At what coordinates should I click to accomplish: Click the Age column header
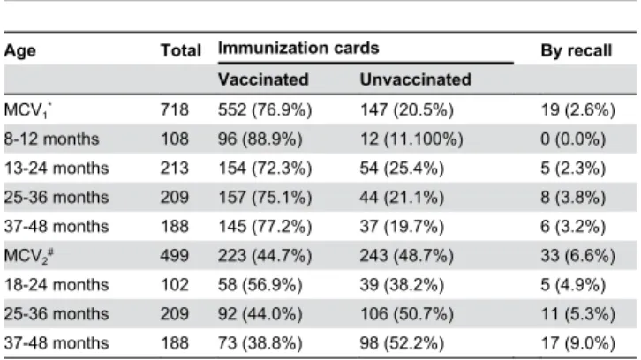click(x=20, y=51)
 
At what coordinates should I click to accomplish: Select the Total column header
click(x=181, y=50)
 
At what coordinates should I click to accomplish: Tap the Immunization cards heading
click(x=298, y=49)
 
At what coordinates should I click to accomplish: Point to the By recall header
click(x=576, y=51)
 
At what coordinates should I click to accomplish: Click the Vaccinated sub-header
click(x=263, y=79)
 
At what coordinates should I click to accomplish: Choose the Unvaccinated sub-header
click(x=415, y=79)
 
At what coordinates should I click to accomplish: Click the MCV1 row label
click(x=28, y=110)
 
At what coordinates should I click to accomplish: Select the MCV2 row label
click(x=28, y=256)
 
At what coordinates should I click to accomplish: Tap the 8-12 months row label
click(x=51, y=139)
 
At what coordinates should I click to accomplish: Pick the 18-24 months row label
click(x=57, y=285)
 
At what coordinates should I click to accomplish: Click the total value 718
click(x=175, y=110)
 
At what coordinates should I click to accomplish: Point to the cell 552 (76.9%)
click(x=265, y=110)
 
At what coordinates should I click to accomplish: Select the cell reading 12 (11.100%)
click(x=411, y=139)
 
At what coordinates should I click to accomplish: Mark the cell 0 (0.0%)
click(x=573, y=139)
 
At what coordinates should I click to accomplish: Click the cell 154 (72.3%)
click(x=265, y=169)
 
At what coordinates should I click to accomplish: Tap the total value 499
click(x=175, y=256)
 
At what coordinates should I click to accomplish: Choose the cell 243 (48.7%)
click(x=407, y=256)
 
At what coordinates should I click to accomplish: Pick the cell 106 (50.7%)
click(x=407, y=314)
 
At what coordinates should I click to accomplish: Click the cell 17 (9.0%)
click(x=577, y=343)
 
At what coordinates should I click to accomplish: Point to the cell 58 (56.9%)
click(x=260, y=285)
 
